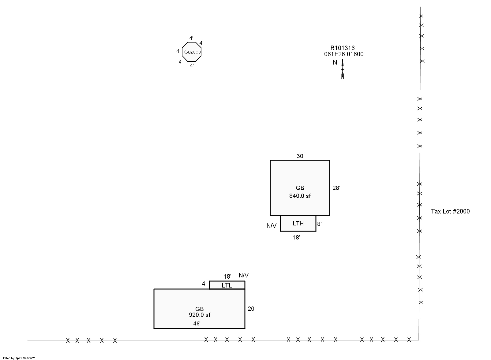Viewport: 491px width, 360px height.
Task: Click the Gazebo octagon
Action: [x=182, y=52]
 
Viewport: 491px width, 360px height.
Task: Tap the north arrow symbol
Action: [x=343, y=69]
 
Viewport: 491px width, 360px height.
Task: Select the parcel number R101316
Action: [x=343, y=48]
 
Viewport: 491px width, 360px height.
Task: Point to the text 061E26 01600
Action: [x=344, y=54]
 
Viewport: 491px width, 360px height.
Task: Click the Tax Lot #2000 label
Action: [x=450, y=211]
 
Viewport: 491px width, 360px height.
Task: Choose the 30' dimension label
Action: [x=301, y=156]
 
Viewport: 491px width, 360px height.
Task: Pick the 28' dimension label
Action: [x=336, y=188]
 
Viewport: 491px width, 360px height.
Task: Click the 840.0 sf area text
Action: [x=300, y=196]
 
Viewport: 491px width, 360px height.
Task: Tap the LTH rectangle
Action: [x=280, y=223]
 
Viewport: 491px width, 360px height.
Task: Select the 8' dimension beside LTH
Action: [x=319, y=224]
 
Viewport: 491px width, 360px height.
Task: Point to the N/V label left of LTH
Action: [x=271, y=226]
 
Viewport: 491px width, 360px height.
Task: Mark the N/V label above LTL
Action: [x=244, y=275]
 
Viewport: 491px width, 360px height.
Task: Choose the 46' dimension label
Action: [x=197, y=324]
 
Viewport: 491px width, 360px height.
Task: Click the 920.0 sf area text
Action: [x=200, y=315]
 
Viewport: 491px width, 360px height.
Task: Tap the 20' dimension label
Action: [x=252, y=309]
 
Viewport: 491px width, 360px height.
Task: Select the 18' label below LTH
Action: [x=296, y=238]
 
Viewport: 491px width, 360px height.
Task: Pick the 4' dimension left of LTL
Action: [x=204, y=284]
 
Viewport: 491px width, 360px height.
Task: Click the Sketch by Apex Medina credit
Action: [x=18, y=358]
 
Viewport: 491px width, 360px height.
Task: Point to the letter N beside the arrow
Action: [x=335, y=63]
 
